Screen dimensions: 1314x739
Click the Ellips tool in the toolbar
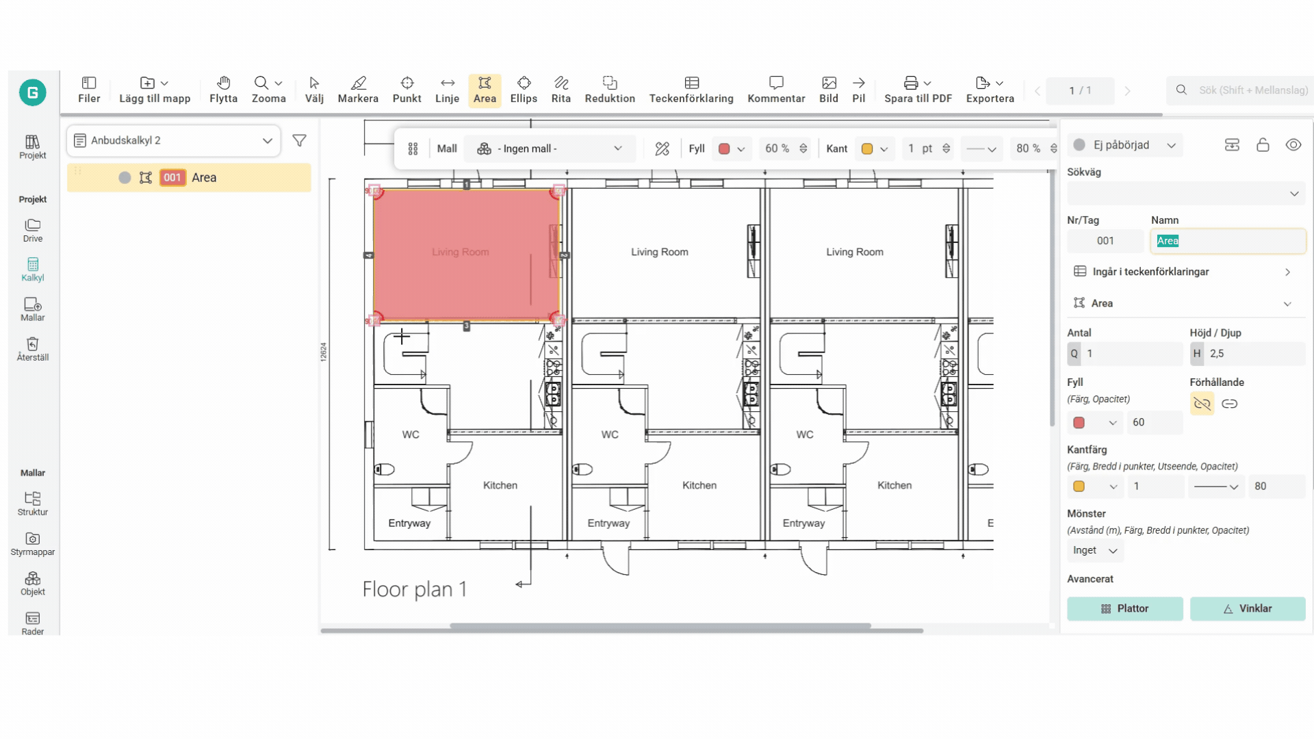point(524,90)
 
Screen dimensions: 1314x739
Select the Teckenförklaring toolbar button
point(691,90)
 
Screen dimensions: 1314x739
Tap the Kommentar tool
point(776,90)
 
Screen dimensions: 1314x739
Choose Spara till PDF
point(918,90)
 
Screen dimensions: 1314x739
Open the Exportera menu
point(990,90)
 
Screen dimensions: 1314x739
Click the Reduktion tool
point(610,90)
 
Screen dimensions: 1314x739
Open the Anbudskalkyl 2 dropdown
point(174,140)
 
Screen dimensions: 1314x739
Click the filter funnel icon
point(299,140)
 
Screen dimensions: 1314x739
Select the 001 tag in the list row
point(172,178)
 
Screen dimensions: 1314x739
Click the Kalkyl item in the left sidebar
point(33,270)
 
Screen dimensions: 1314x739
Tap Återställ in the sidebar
point(33,349)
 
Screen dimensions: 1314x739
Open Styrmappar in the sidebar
point(33,544)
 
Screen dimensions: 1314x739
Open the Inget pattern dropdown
point(1095,551)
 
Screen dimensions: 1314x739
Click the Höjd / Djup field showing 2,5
point(1248,354)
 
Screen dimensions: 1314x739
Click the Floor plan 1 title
point(415,589)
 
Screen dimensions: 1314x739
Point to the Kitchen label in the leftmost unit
point(500,485)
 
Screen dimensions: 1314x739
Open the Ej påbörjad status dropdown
point(1125,145)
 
